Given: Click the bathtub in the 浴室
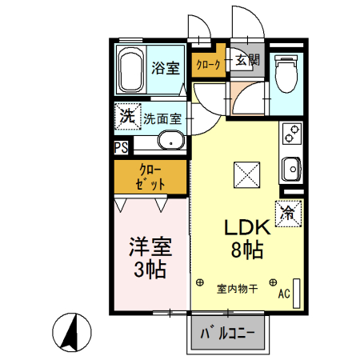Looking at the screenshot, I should pos(131,70).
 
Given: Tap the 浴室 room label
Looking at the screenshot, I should pos(165,67).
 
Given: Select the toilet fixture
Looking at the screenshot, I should pos(286,74).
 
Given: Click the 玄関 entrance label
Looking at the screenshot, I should pos(247,60).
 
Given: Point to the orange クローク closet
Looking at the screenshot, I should pos(207,66).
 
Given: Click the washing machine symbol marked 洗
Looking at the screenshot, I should pos(126,116).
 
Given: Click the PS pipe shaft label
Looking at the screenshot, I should pos(121,147).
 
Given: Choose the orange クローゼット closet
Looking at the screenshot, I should pos(151,178).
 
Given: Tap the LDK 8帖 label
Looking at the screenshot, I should pos(244,238).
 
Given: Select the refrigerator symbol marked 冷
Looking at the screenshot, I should pos(288,213).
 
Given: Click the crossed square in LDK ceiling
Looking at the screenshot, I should pos(245,173).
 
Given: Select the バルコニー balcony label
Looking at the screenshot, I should pos(227,331).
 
